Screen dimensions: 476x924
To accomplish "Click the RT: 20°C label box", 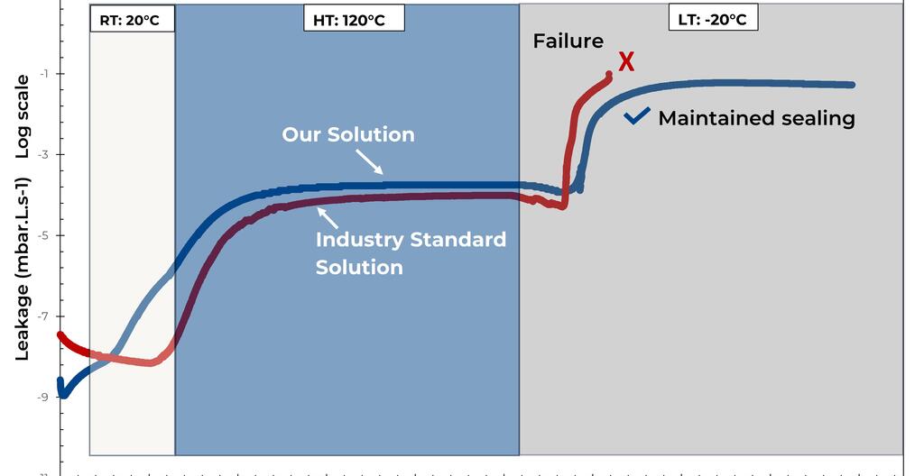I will [x=132, y=19].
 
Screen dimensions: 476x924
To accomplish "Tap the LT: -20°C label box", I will [x=712, y=18].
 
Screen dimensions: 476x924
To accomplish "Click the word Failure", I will [x=568, y=41].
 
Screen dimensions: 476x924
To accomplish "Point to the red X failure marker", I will [x=625, y=62].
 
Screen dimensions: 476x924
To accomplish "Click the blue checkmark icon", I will [x=637, y=116].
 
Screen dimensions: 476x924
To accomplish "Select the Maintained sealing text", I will [x=756, y=118].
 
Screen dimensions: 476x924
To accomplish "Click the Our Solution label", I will [x=348, y=134].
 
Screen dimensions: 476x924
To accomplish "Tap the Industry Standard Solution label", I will [x=411, y=253].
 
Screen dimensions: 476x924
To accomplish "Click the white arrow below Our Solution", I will [x=368, y=162].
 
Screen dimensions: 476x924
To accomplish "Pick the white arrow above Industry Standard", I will [x=328, y=216].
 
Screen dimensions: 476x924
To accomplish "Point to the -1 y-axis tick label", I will [x=44, y=73].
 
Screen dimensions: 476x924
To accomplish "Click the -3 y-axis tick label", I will [x=44, y=154].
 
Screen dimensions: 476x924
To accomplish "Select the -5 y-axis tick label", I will [x=44, y=235].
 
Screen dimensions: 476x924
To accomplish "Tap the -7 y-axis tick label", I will [x=44, y=316].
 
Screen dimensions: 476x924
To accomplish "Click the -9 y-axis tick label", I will [x=44, y=398].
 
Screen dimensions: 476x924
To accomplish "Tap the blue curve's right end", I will [x=851, y=85].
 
